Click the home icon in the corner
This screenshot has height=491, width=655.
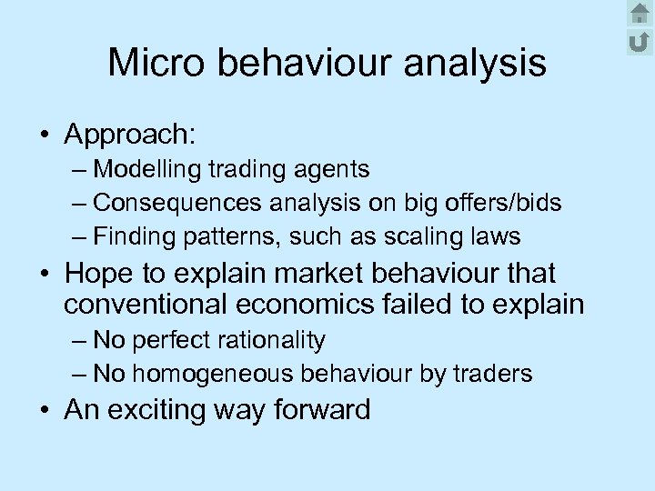click(x=640, y=13)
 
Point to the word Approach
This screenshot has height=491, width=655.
click(x=129, y=135)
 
